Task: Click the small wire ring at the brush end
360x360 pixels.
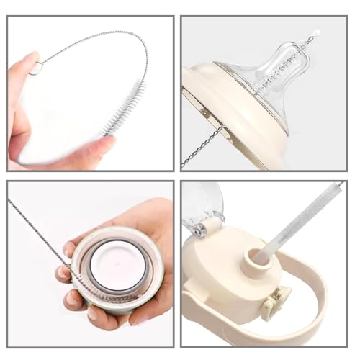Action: coord(36,68)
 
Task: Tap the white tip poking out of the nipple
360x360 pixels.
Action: coord(317,32)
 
